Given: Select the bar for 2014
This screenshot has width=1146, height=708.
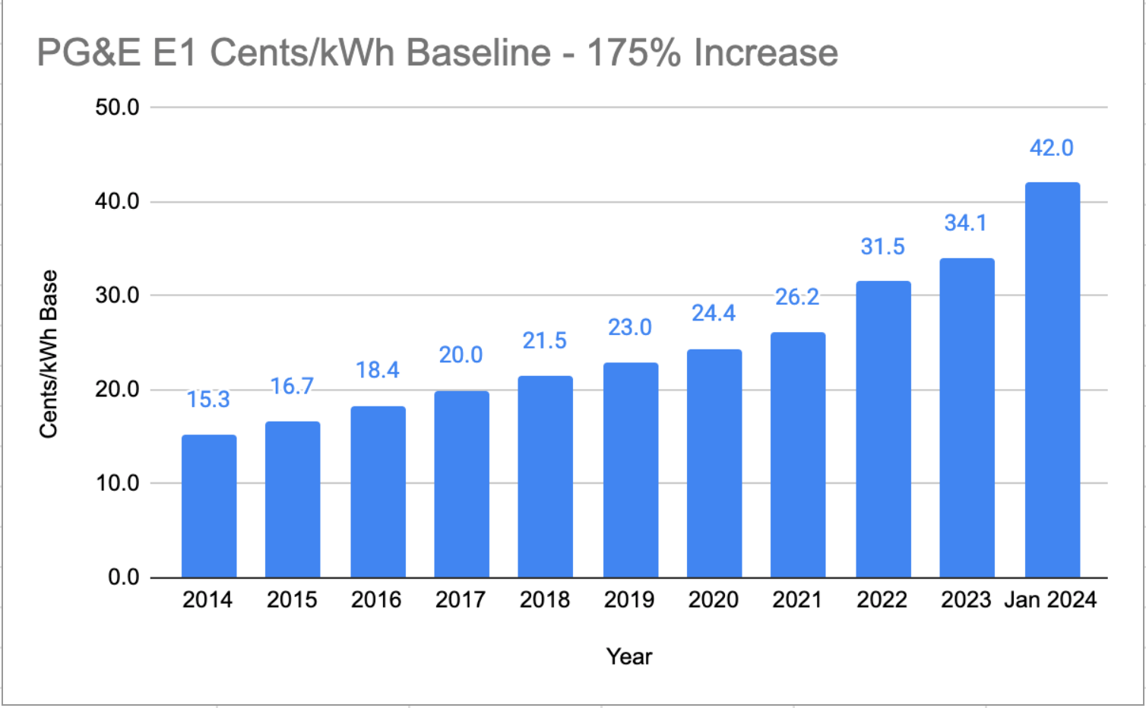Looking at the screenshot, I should point(209,506).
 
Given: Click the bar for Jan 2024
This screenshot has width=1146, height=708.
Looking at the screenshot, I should point(1052,380).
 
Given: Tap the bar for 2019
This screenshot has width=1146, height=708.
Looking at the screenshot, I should point(631,470).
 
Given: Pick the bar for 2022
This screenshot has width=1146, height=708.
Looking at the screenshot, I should point(883,429).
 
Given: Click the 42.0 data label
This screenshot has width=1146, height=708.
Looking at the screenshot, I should point(1051,148).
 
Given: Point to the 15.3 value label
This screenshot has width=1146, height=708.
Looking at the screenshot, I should point(208,400).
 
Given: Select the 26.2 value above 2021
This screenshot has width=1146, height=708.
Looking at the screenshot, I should point(797,297).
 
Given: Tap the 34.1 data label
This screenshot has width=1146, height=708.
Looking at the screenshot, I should point(965,223).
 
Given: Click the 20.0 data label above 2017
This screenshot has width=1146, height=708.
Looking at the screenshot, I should point(461,355).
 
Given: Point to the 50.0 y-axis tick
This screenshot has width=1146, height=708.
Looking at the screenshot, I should point(117,108).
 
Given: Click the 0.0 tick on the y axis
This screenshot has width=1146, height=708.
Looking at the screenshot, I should point(123,577).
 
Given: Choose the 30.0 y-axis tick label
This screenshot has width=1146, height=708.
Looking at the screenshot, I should point(117,296).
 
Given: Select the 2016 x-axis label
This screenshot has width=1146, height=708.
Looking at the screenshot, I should point(376,600).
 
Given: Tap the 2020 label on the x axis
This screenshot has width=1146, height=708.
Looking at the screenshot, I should point(714,600).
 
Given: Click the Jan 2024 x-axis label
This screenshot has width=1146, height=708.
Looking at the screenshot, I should point(1050,600).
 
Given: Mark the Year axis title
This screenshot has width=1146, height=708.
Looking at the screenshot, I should point(629,656).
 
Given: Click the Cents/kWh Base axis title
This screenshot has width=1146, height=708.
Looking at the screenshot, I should point(49,354).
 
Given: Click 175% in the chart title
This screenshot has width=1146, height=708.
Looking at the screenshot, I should point(634,53).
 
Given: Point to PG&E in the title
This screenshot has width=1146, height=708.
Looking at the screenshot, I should point(89,53).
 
